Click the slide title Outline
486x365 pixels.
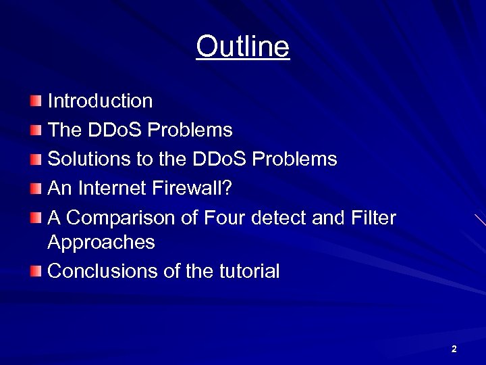tap(243, 47)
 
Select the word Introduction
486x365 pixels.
tap(100, 101)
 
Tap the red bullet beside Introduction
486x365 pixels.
tap(35, 101)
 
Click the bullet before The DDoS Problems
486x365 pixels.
tap(35, 130)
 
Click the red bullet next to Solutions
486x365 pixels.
tap(35, 160)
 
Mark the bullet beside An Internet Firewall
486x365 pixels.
tap(35, 189)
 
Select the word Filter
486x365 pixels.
tap(374, 218)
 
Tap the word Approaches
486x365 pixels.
tap(101, 243)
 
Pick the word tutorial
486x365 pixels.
tap(249, 272)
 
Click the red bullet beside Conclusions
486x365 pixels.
tap(35, 272)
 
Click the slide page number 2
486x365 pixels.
tap(454, 349)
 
